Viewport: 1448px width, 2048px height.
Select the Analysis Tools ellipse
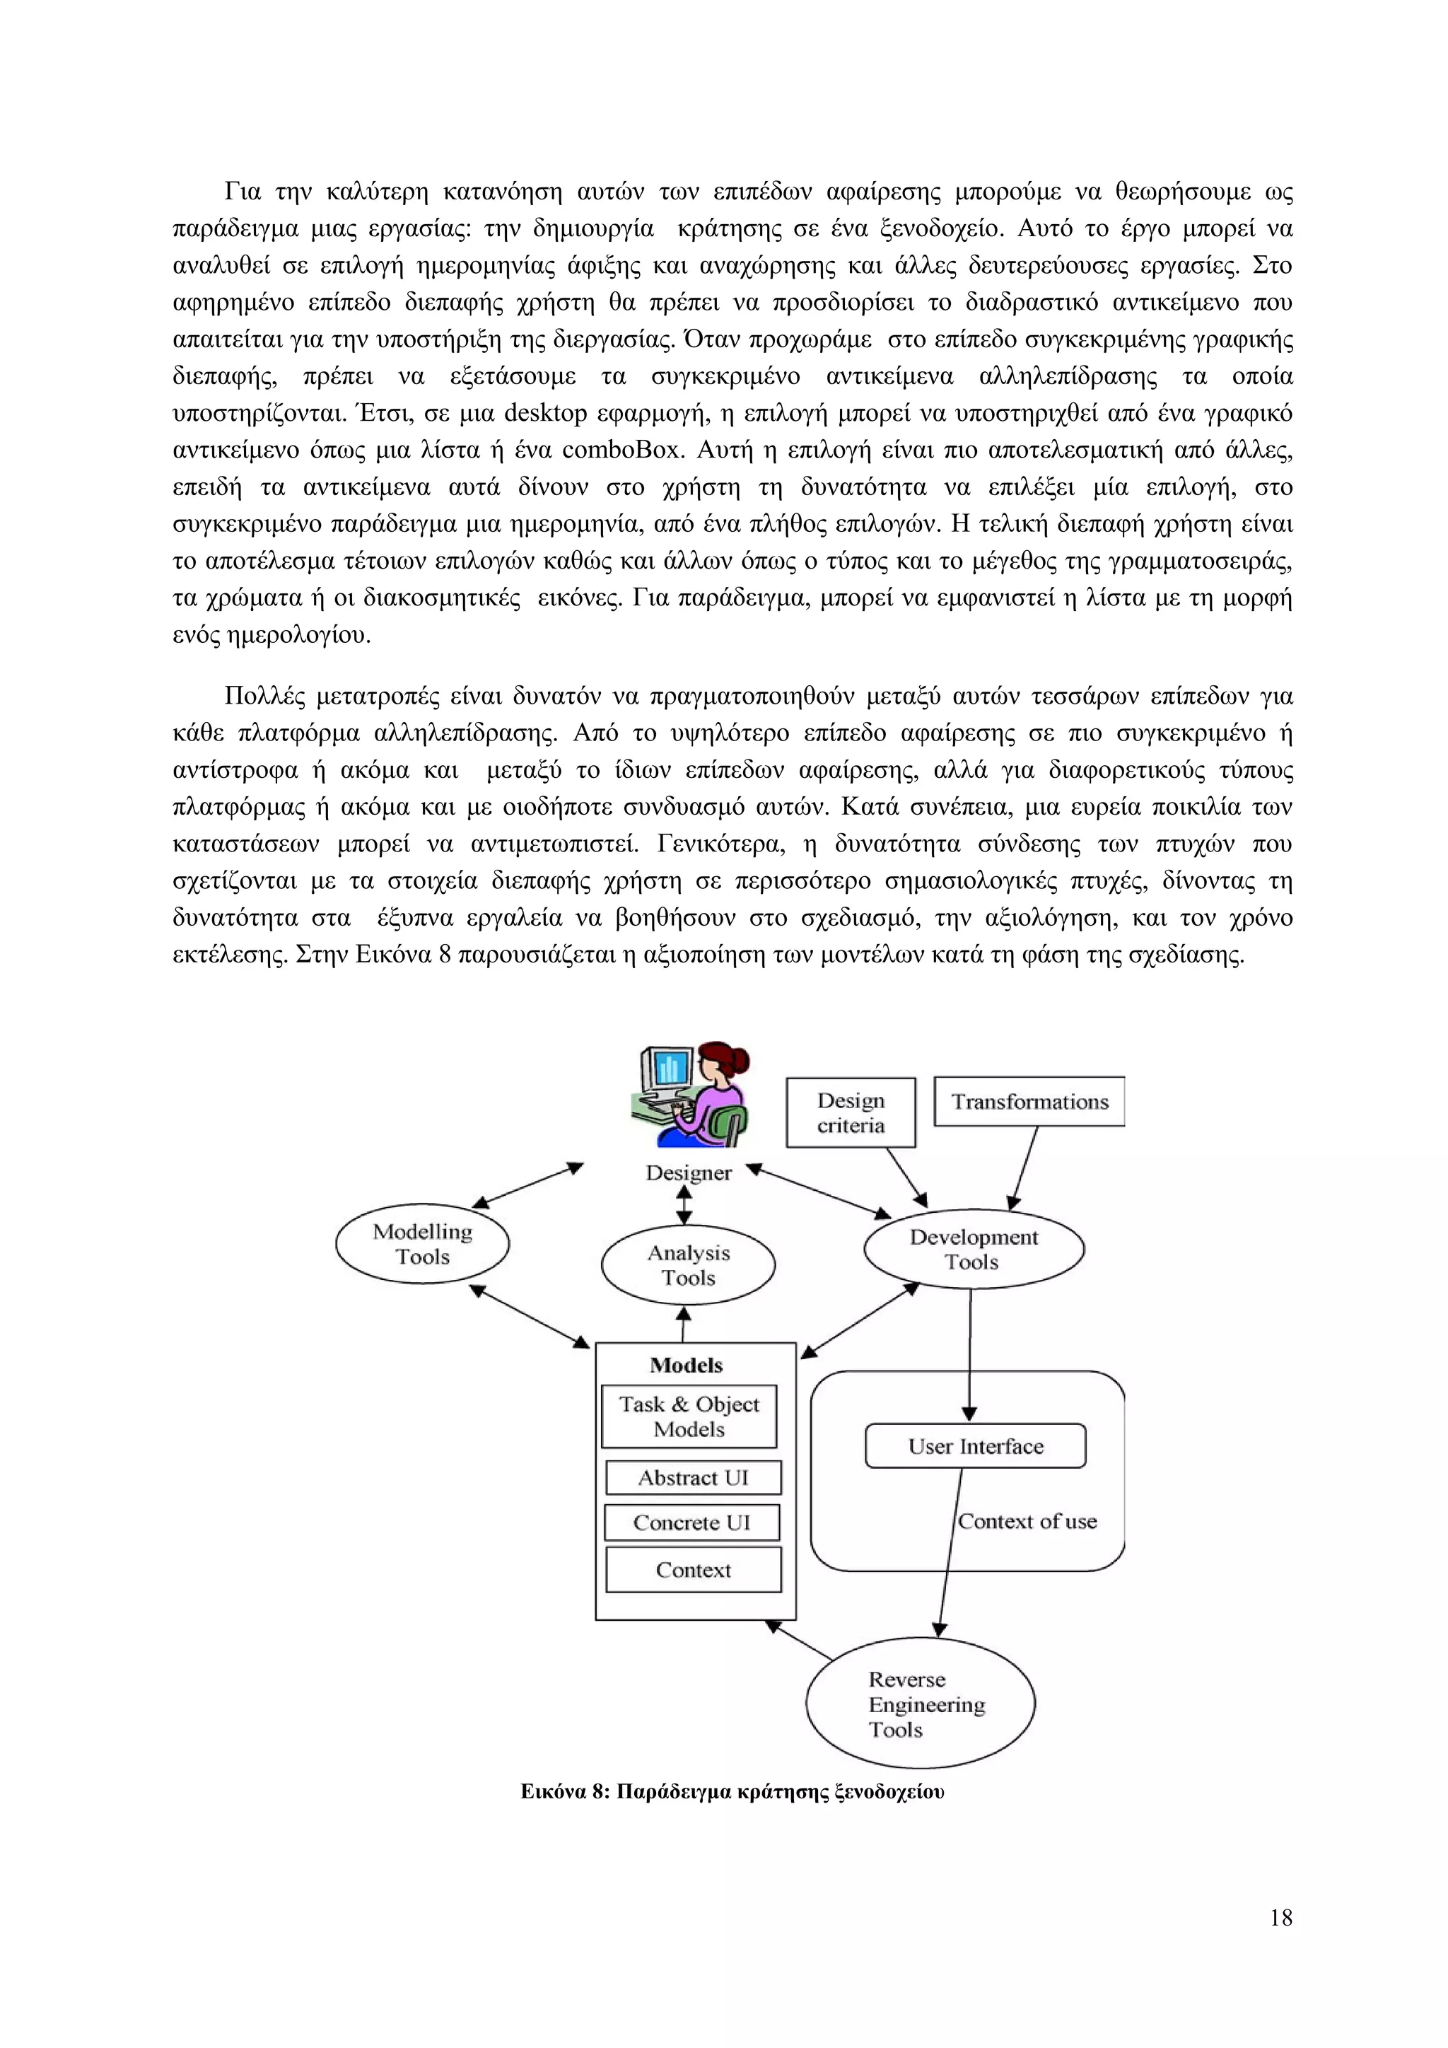coord(689,1265)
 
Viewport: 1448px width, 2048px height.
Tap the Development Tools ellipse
coord(974,1249)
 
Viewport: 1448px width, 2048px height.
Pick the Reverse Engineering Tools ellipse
coord(920,1704)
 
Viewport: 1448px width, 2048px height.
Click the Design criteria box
coord(851,1112)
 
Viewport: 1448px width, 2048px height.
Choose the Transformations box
coord(1030,1102)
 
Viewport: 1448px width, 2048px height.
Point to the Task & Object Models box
coord(689,1416)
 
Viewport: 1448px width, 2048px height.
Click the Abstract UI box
coord(693,1478)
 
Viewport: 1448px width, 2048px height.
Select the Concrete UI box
coord(692,1523)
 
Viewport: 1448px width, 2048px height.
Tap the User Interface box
coord(976,1446)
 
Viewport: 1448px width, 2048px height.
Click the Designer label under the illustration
coord(689,1173)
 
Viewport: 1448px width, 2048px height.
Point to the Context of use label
coord(1027,1521)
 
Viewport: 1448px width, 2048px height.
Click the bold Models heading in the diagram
coord(686,1365)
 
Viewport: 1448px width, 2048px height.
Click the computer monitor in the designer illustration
coord(668,1071)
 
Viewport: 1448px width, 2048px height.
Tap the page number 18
coord(1280,1917)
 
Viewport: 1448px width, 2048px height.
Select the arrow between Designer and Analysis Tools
coord(684,1205)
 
